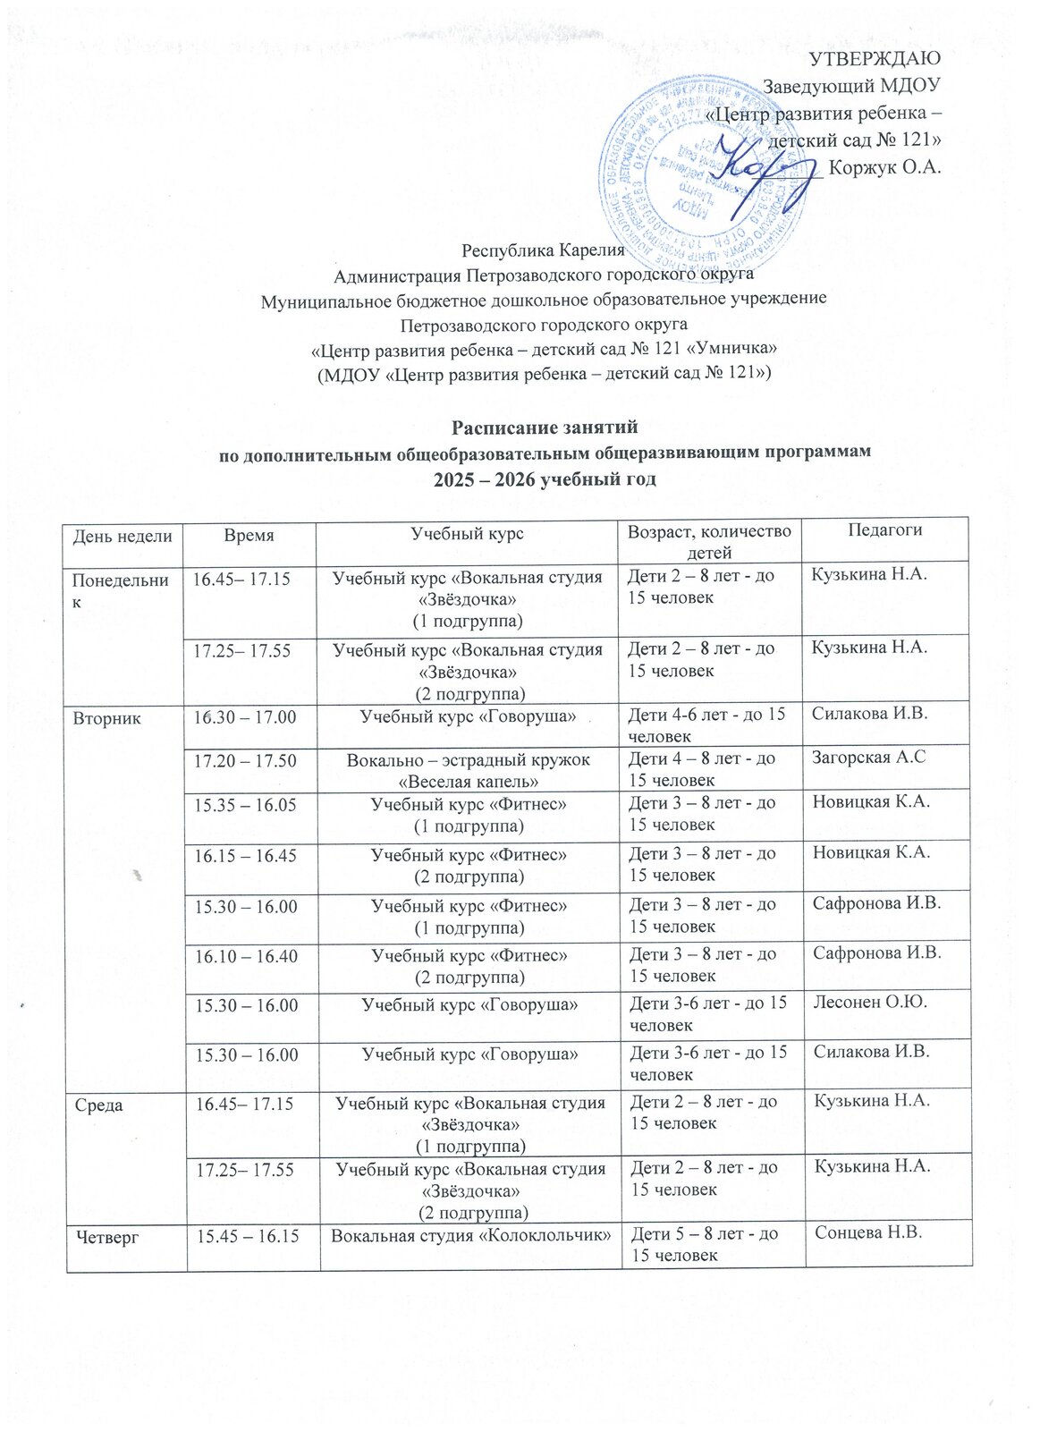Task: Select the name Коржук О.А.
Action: [885, 167]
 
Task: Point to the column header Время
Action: [249, 535]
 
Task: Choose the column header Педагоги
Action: [884, 529]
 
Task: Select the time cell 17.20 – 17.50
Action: [246, 760]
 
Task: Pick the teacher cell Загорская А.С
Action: [868, 758]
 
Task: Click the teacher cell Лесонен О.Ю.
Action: [870, 1002]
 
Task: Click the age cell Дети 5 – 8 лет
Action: [705, 1234]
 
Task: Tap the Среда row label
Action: [98, 1105]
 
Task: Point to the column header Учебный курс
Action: [467, 534]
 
